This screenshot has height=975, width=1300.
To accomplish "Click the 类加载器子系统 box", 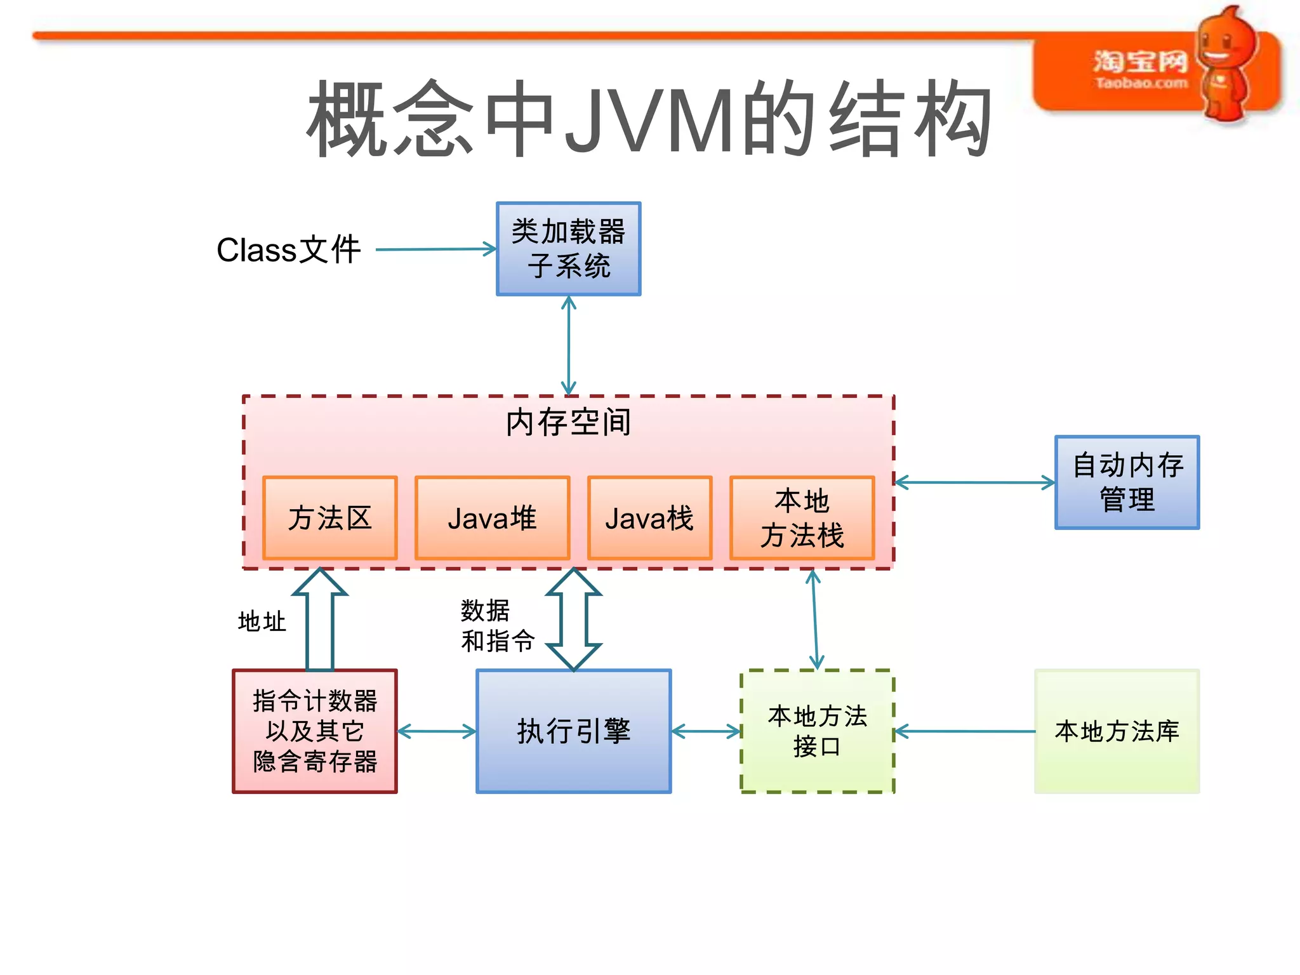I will (x=568, y=249).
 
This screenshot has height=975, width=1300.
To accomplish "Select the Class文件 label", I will (x=288, y=249).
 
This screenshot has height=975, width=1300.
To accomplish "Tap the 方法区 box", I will (x=329, y=518).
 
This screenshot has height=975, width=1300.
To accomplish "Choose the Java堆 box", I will (x=492, y=518).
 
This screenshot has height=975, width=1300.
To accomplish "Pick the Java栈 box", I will (x=649, y=518).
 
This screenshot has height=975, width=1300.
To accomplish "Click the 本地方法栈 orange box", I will (x=802, y=518).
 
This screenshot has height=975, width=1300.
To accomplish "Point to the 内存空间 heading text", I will (x=568, y=422).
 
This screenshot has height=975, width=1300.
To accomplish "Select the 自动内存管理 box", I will (x=1127, y=482).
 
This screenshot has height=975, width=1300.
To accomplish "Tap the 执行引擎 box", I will (x=573, y=731).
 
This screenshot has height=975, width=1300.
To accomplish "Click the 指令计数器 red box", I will (x=315, y=731).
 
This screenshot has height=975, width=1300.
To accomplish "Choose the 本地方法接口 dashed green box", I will (x=817, y=731).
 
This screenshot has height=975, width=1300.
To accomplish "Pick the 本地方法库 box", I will (x=1117, y=731).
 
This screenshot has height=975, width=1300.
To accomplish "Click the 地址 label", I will (x=262, y=621).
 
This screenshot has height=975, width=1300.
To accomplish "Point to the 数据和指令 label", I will (x=496, y=626).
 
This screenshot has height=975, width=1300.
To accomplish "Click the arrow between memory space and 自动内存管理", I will (x=974, y=482).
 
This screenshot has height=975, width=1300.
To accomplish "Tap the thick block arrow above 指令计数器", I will (x=320, y=619).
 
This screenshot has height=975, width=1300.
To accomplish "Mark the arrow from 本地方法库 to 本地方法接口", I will (x=964, y=732).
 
